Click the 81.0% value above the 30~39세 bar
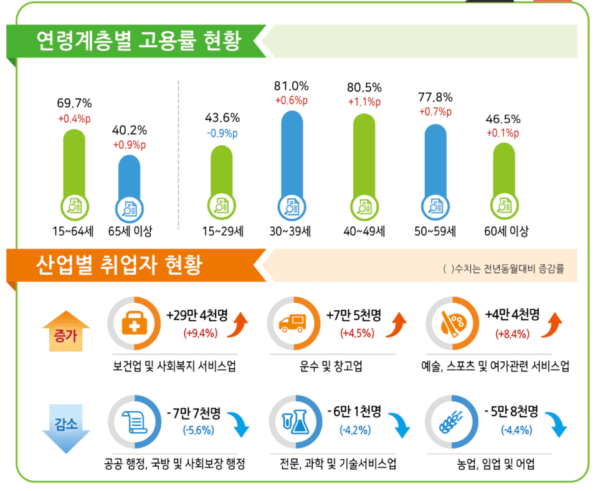coord(292,86)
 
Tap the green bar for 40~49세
coord(364,156)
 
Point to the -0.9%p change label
coord(222,133)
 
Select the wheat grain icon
coord(452,423)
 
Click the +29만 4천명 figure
coord(195,315)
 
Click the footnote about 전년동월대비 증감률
coord(505,269)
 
